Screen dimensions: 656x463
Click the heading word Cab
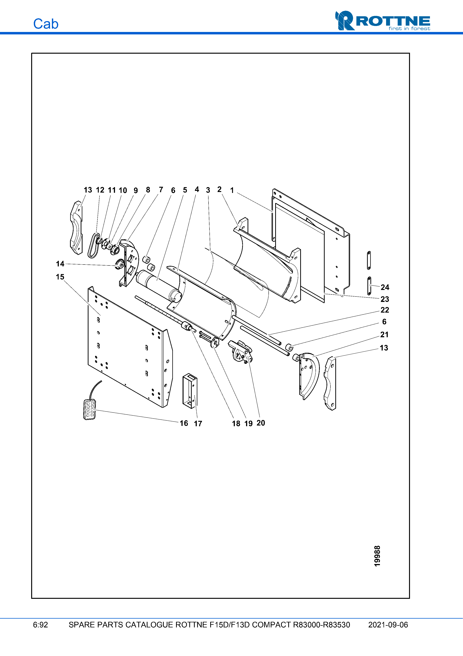pyautogui.click(x=46, y=24)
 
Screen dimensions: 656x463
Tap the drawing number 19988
pyautogui.click(x=377, y=556)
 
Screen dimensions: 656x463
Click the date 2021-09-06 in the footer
pyautogui.click(x=388, y=625)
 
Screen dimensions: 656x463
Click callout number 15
pyautogui.click(x=60, y=277)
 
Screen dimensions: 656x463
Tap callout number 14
pyautogui.click(x=60, y=264)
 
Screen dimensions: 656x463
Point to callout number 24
pyautogui.click(x=385, y=287)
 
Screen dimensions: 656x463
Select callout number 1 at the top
pyautogui.click(x=232, y=190)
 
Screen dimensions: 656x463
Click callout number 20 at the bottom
pyautogui.click(x=260, y=423)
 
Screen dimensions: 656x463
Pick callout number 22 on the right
pyautogui.click(x=385, y=310)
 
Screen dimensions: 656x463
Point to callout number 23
pyautogui.click(x=385, y=299)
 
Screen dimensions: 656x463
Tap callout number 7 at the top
pyautogui.click(x=161, y=190)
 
